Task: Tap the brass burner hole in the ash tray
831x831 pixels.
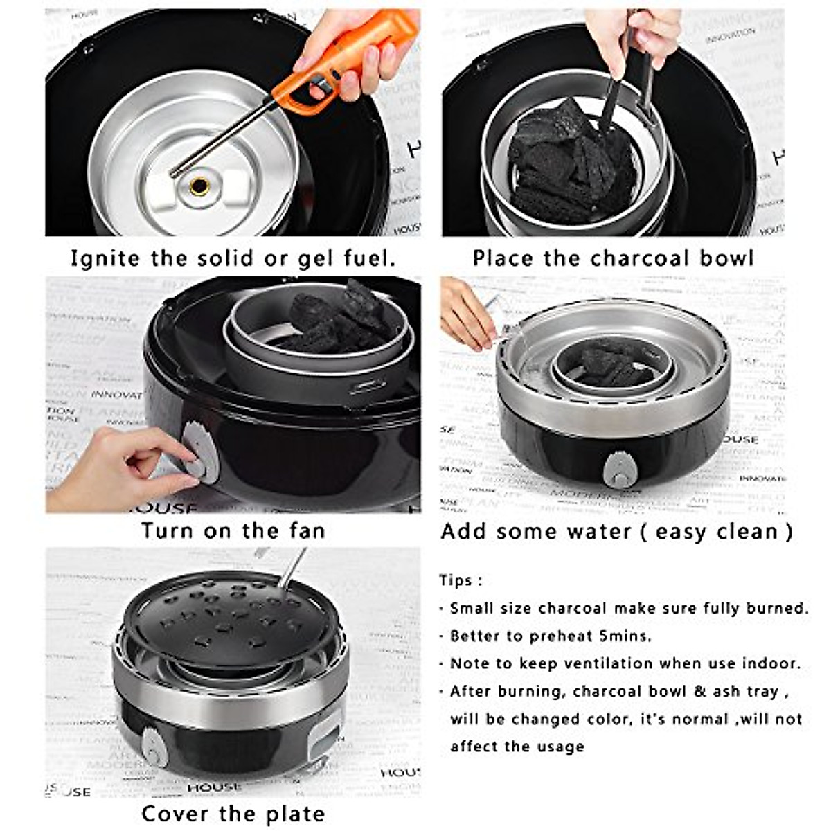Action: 199,186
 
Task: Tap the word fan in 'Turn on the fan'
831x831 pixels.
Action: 303,531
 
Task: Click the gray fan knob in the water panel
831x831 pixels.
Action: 620,469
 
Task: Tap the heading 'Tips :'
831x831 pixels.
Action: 461,580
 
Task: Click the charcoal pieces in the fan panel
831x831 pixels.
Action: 339,319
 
